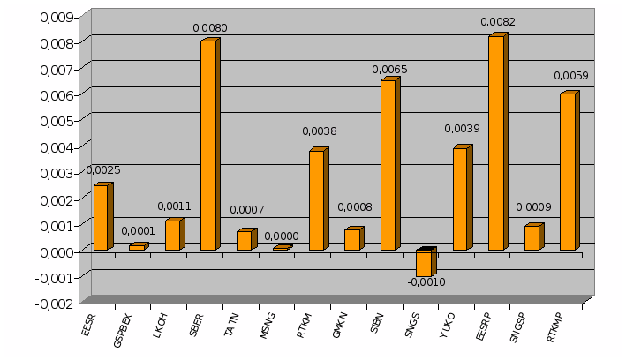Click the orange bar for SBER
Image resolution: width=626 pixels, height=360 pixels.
point(208,146)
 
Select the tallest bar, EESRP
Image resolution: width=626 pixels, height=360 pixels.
point(496,143)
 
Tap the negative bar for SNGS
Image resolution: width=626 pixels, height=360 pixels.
point(424,263)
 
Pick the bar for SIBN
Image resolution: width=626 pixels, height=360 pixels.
point(388,165)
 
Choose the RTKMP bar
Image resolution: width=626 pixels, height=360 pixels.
point(568,171)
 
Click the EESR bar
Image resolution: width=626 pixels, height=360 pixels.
point(101,217)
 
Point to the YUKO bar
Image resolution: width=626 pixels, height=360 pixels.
point(460,199)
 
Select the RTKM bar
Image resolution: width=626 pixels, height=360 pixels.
point(316,200)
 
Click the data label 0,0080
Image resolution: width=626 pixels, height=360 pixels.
point(210,28)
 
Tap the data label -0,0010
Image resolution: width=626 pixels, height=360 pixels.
point(426,282)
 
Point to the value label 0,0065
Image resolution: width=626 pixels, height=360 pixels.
point(389,69)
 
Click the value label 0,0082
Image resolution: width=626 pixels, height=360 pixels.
point(498,21)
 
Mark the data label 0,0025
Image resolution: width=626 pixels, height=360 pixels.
point(103,170)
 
